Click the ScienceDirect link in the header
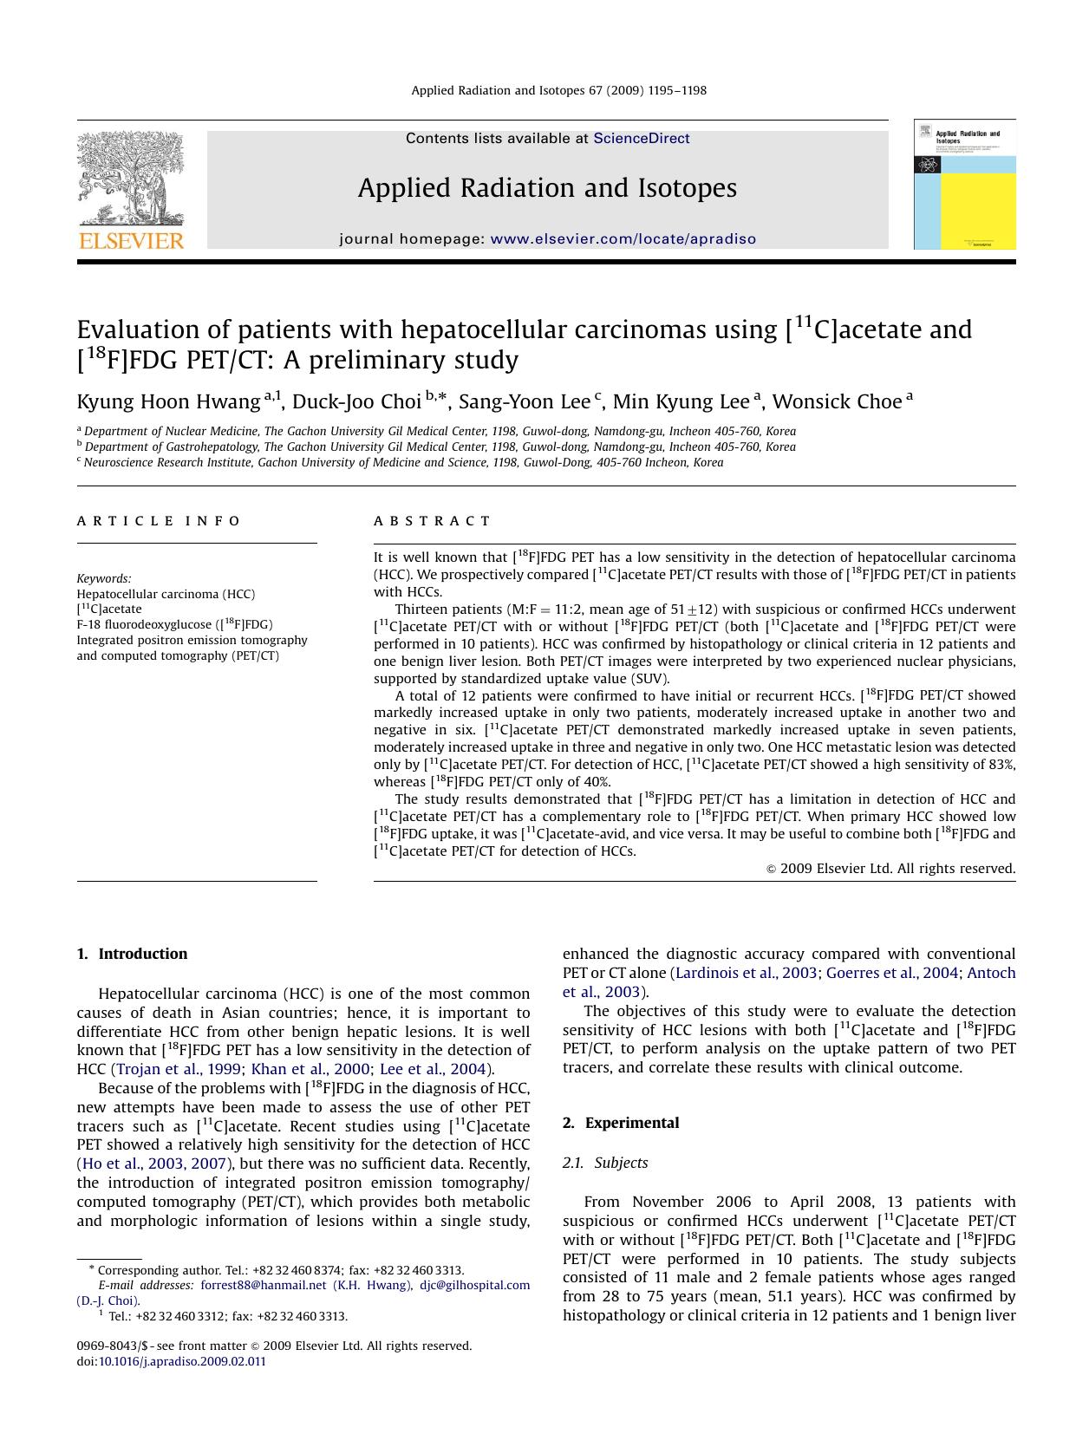point(641,139)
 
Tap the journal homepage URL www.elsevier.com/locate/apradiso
point(623,239)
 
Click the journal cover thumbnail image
point(964,185)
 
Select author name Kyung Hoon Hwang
point(168,402)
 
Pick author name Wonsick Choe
point(836,402)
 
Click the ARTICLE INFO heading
point(159,521)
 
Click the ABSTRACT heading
point(432,521)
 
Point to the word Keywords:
point(104,578)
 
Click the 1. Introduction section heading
point(132,954)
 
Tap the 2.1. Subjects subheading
point(605,1163)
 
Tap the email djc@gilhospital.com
point(474,1285)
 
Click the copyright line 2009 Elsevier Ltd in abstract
point(890,868)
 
